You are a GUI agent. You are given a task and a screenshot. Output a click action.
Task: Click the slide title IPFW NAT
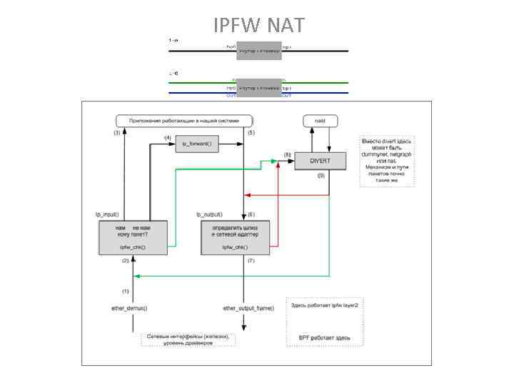258,26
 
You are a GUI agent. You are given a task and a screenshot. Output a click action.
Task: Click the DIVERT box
320,162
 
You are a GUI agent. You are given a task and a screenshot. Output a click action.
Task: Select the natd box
320,122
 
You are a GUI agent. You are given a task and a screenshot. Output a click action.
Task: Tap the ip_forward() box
196,144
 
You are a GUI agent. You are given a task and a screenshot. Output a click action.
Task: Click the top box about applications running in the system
185,121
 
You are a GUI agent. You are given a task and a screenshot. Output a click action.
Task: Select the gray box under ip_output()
235,237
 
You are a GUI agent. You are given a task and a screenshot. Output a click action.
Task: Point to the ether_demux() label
128,308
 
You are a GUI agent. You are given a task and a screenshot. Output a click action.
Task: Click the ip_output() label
210,214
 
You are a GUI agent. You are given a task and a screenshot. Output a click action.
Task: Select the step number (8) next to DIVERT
287,154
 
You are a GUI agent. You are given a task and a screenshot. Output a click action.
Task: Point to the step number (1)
126,291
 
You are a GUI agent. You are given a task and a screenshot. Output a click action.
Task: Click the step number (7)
251,261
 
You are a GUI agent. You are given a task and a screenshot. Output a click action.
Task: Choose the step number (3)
117,133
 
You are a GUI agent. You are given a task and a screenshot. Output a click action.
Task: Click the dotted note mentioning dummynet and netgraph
387,161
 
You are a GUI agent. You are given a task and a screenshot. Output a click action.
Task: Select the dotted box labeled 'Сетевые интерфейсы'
188,339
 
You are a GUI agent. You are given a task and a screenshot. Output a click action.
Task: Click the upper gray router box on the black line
258,51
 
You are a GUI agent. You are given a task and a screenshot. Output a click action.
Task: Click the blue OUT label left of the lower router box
232,95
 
